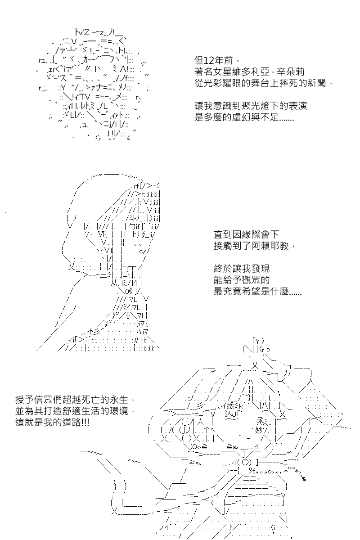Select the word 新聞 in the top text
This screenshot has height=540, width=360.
(x=317, y=83)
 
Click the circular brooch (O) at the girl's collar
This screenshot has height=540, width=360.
(x=245, y=462)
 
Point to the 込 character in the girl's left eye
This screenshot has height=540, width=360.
(x=228, y=414)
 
